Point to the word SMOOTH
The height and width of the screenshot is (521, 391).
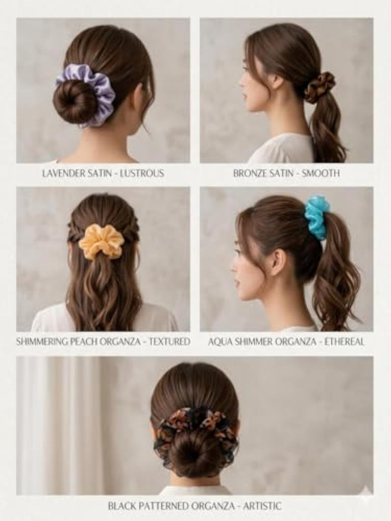321,173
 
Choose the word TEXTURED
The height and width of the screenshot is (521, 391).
170,341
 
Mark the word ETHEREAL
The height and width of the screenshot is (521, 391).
344,341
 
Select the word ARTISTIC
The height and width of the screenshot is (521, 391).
262,506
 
